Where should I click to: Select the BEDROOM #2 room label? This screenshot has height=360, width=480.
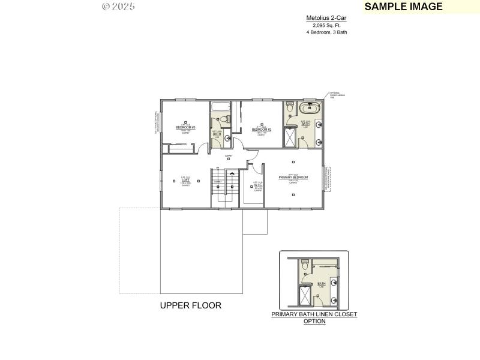tap(262, 130)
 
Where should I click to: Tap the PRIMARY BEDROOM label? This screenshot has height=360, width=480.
tap(293, 178)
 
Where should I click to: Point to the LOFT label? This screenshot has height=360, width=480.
tap(185, 180)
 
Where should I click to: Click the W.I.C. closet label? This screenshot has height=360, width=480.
tap(258, 185)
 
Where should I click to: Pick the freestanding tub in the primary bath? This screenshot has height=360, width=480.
tap(310, 109)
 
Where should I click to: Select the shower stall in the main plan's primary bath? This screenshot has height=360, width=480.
tap(290, 138)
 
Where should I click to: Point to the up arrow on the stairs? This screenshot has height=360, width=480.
tap(232, 174)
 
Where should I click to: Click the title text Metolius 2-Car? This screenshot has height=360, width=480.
tap(326, 19)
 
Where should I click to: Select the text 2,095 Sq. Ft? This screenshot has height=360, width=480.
tap(326, 25)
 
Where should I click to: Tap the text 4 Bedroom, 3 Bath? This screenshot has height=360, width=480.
tap(326, 32)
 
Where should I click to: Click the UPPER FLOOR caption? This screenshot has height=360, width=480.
tap(190, 305)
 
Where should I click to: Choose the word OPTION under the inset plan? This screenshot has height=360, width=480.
tap(314, 321)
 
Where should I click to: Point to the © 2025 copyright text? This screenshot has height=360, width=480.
tap(118, 7)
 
